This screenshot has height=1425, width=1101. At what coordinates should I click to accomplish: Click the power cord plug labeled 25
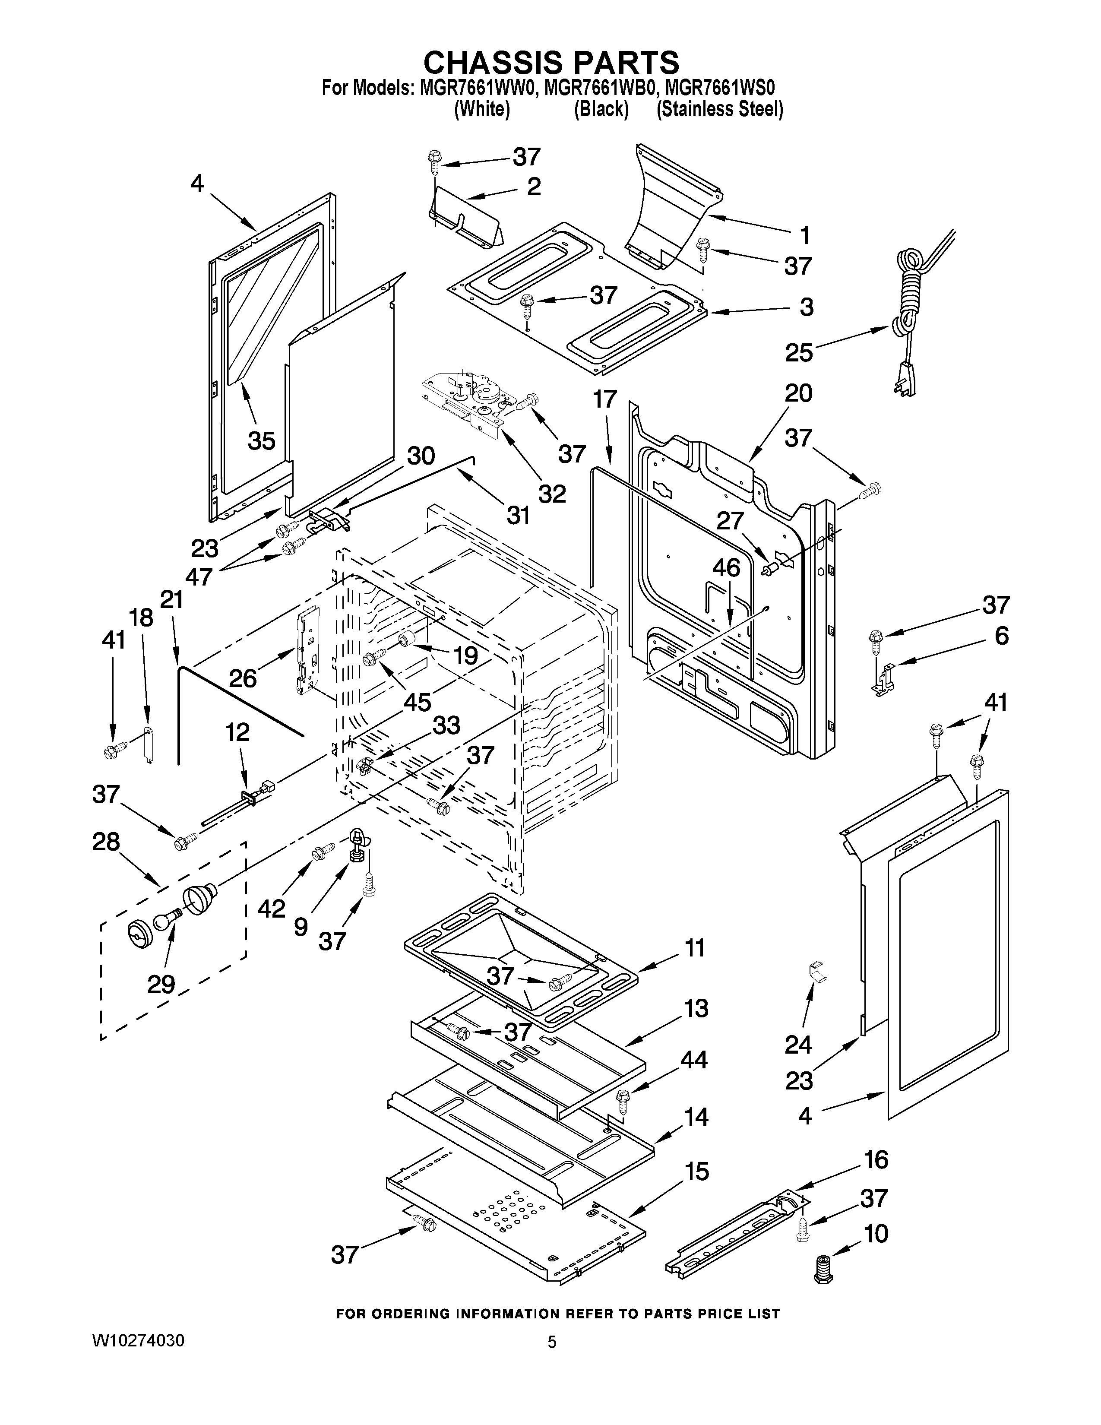point(905,377)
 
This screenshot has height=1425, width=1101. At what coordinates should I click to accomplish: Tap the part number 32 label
point(551,493)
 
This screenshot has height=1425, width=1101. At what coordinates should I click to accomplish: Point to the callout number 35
point(262,440)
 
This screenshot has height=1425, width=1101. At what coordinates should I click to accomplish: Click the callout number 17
point(604,399)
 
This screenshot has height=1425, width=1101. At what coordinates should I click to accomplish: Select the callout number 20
point(798,393)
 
